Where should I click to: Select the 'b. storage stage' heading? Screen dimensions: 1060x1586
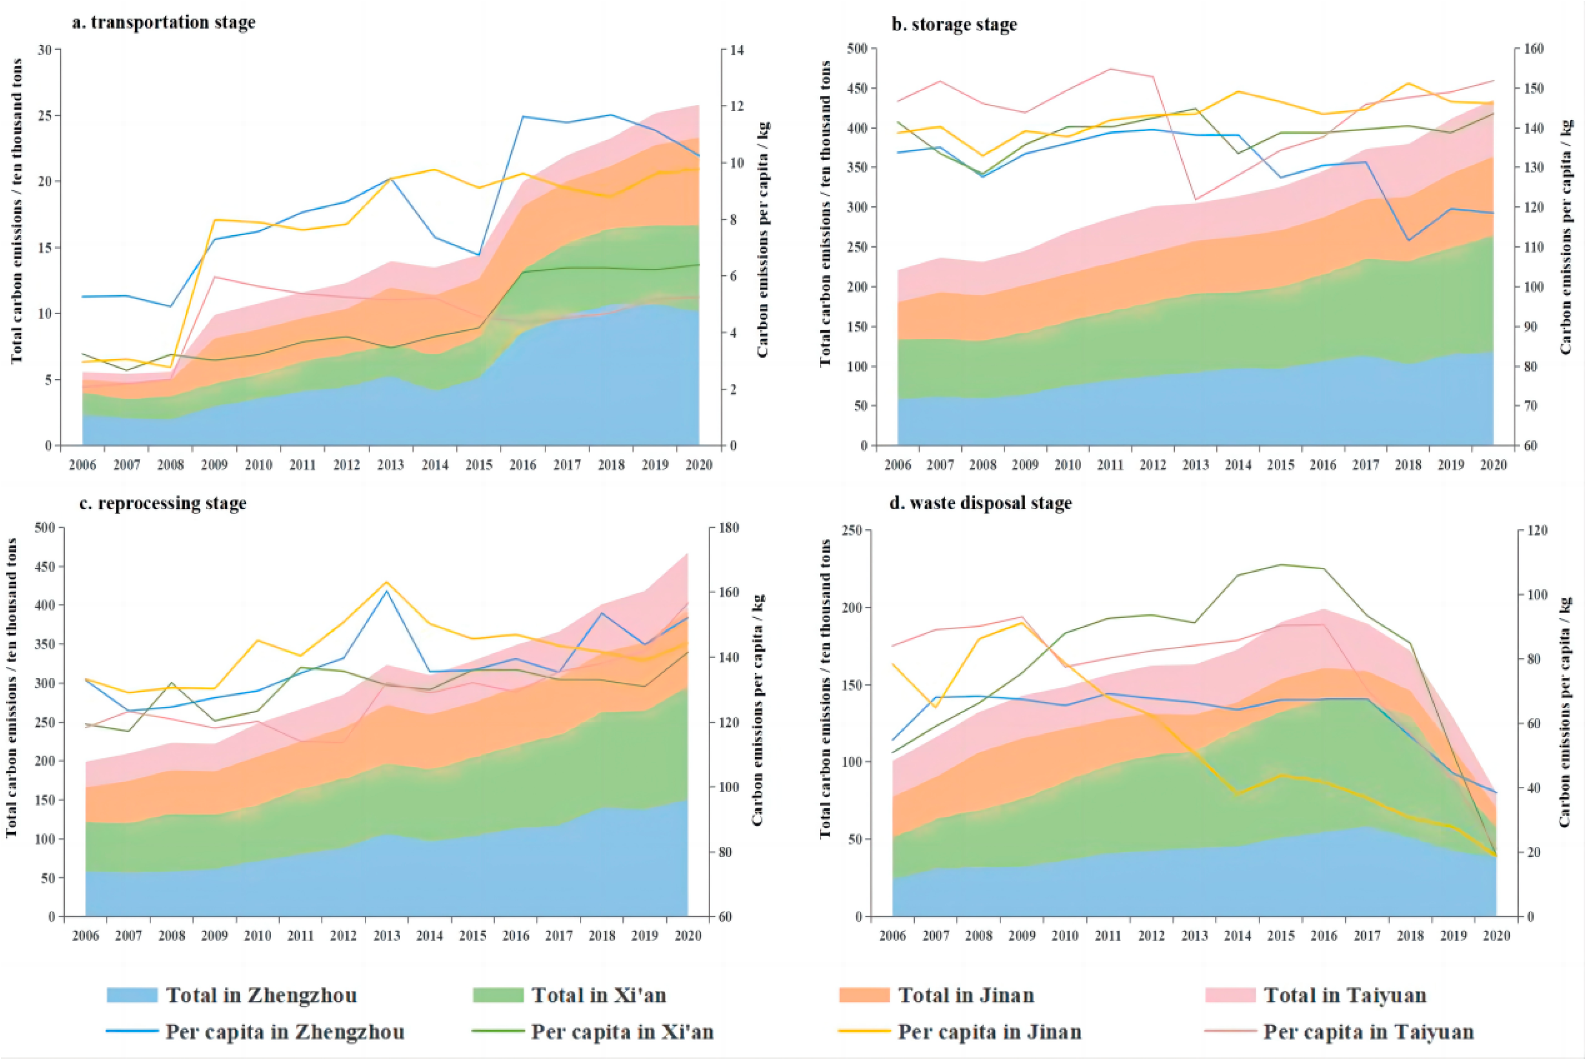[x=953, y=25]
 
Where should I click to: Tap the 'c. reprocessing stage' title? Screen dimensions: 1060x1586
[x=162, y=503]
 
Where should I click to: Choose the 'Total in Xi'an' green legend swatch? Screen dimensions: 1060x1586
[x=498, y=995]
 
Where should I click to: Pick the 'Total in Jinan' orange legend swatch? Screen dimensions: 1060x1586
[x=864, y=995]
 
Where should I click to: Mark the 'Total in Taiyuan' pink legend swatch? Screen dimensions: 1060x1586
[x=1230, y=995]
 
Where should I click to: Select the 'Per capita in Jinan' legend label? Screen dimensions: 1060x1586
[x=990, y=1032]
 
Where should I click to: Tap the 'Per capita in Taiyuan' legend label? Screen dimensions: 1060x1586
[x=1368, y=1032]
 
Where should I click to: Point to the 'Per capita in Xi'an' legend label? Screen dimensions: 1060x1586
[x=622, y=1032]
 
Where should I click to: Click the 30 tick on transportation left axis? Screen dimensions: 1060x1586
[x=44, y=50]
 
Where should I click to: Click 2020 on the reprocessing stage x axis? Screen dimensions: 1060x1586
[x=688, y=936]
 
